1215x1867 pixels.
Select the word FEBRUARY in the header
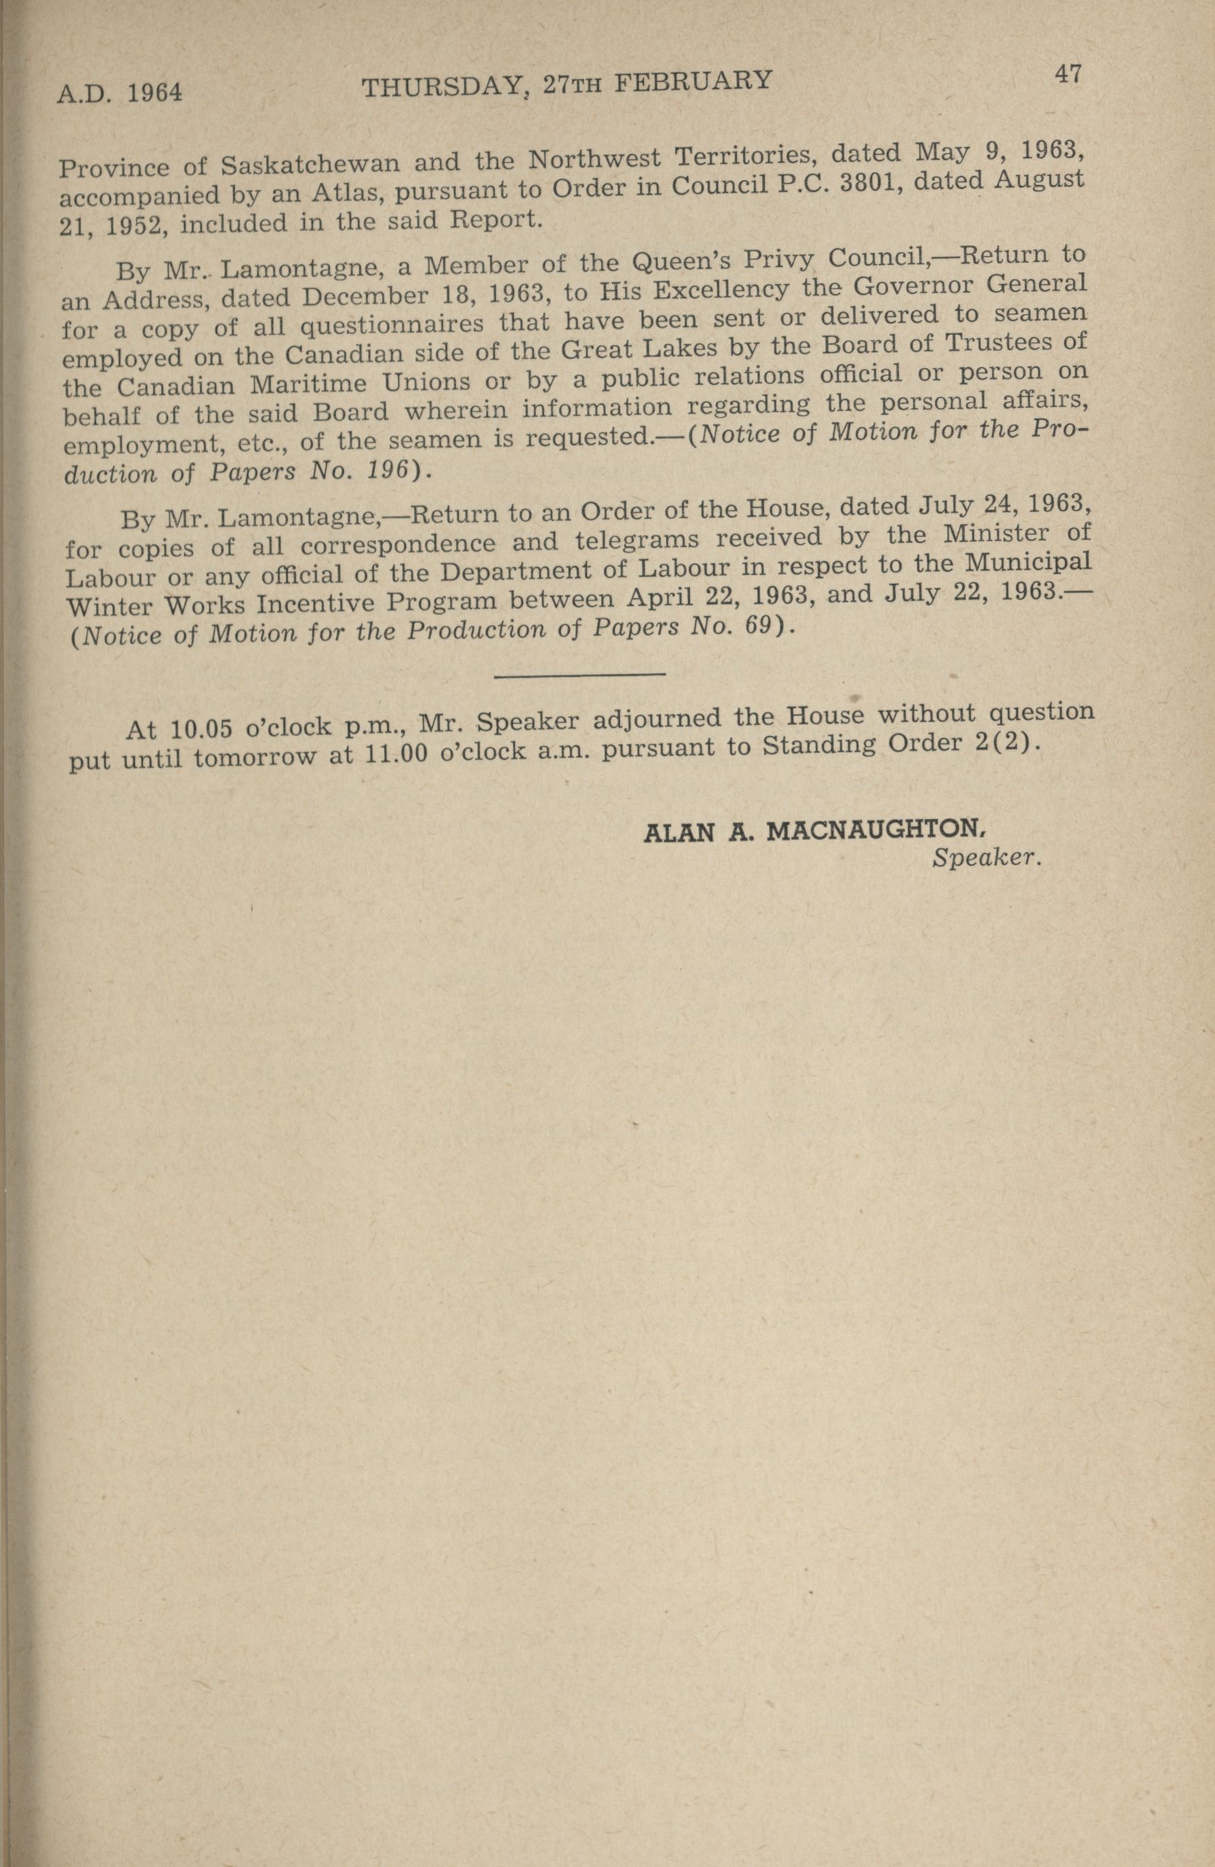click(x=694, y=80)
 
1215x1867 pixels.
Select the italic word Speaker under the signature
click(x=987, y=858)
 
